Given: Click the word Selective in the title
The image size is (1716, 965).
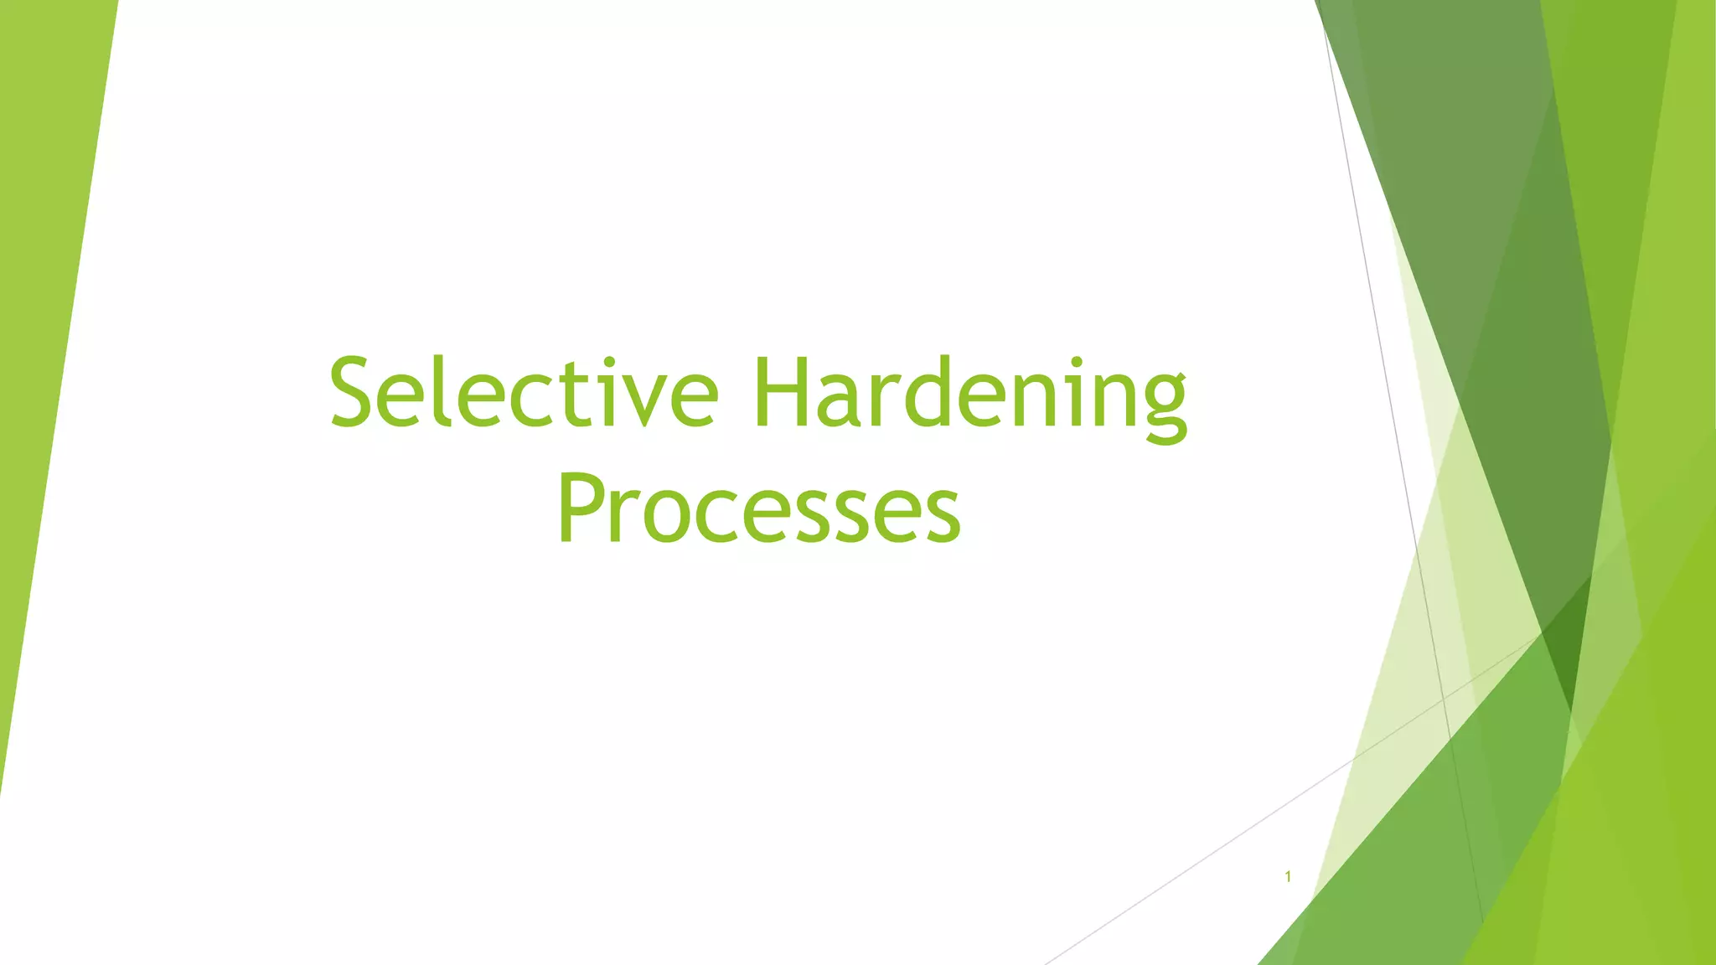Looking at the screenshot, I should [524, 392].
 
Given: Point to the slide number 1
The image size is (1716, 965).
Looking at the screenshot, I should [1288, 877].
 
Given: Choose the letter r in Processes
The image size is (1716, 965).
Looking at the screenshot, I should [626, 515].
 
